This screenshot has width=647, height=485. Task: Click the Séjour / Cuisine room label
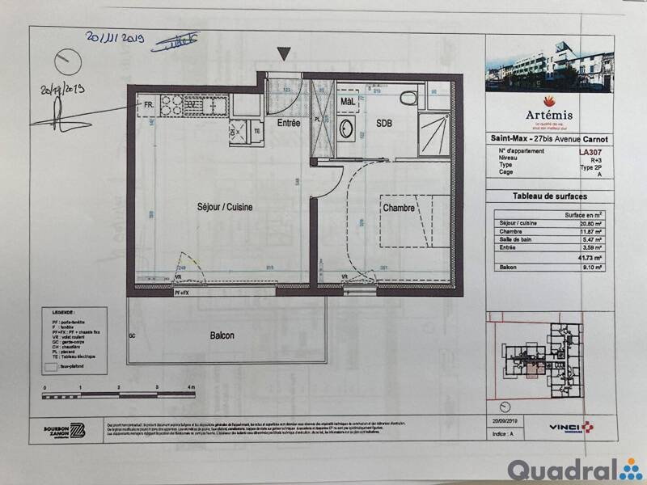click(x=225, y=207)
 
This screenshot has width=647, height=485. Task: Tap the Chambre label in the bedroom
click(x=399, y=208)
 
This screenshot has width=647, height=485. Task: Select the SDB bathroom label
click(x=384, y=123)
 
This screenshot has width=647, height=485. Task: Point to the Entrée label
click(x=289, y=124)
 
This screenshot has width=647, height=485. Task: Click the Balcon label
click(x=222, y=335)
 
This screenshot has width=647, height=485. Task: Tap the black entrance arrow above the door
click(x=284, y=54)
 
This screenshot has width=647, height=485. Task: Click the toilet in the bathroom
click(x=408, y=99)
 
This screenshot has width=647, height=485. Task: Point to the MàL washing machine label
click(x=348, y=102)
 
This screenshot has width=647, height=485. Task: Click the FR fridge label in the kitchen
click(x=148, y=104)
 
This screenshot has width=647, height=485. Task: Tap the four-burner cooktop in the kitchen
click(x=171, y=104)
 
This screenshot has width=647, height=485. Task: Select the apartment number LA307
click(x=590, y=150)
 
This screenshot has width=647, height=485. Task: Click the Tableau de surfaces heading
click(x=550, y=196)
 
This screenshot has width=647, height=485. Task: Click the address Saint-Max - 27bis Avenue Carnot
click(x=550, y=139)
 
